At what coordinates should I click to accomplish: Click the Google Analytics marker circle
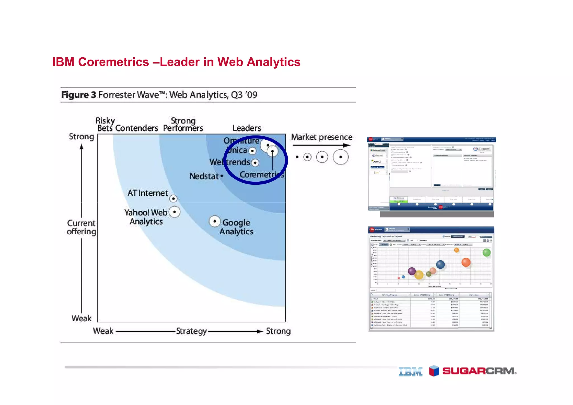[x=215, y=221]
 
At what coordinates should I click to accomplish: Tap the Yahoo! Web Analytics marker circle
[x=175, y=212]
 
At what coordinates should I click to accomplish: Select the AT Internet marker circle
[x=173, y=199]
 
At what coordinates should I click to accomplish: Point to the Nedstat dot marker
[x=222, y=176]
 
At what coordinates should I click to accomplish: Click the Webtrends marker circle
[x=255, y=163]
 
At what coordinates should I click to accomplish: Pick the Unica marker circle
[x=252, y=151]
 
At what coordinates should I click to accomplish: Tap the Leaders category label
[x=246, y=128]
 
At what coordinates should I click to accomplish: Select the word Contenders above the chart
[x=137, y=128]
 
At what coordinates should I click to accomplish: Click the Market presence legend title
[x=321, y=137]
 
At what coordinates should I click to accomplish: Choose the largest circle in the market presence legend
[x=340, y=157]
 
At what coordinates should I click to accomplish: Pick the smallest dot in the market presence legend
[x=297, y=157]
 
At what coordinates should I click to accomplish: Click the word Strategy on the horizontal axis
[x=191, y=331]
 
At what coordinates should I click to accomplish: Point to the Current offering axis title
[x=81, y=227]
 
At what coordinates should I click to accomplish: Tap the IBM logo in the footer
[x=410, y=372]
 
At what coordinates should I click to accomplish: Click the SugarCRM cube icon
[x=434, y=371]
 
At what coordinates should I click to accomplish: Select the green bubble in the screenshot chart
[x=487, y=252]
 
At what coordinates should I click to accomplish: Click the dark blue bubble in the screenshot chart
[x=440, y=264]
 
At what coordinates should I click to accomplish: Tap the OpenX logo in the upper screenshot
[x=377, y=161]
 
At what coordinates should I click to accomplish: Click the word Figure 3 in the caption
[x=79, y=95]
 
